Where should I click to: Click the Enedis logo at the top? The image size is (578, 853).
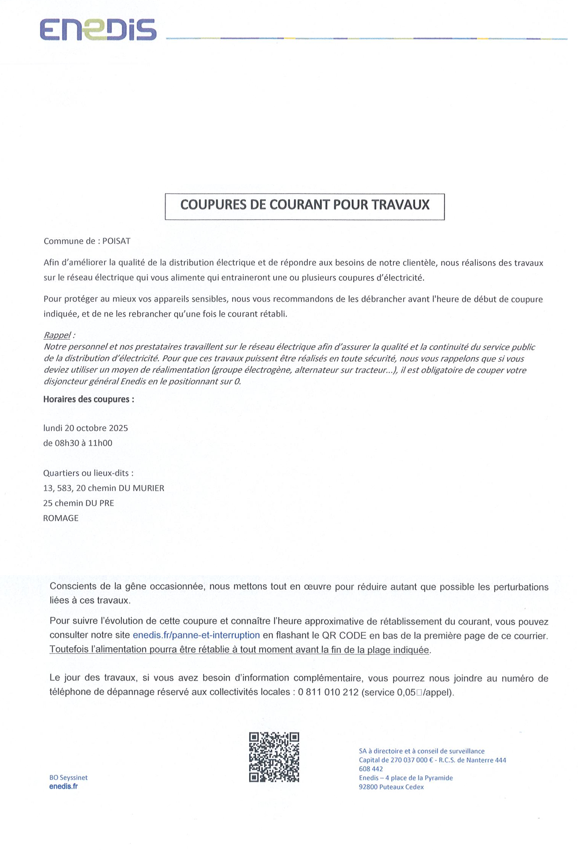tap(98, 30)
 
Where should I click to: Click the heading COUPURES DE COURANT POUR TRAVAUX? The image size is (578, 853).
tap(305, 205)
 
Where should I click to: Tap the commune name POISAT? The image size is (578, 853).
tap(116, 241)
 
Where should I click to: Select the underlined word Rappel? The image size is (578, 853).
tap(57, 335)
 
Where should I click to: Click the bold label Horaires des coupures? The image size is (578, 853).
tap(89, 399)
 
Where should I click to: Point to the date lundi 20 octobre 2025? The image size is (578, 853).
tap(86, 428)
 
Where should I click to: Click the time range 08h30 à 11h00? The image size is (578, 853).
tap(84, 443)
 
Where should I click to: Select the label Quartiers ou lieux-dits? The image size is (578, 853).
tap(88, 473)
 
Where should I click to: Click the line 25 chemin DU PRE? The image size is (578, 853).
tap(79, 503)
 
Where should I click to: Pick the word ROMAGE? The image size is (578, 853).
tap(61, 518)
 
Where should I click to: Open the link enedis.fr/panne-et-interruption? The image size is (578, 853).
tap(196, 635)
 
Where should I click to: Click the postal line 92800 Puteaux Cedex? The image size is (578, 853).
tap(391, 787)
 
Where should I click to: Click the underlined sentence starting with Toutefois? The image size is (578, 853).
tap(239, 649)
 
